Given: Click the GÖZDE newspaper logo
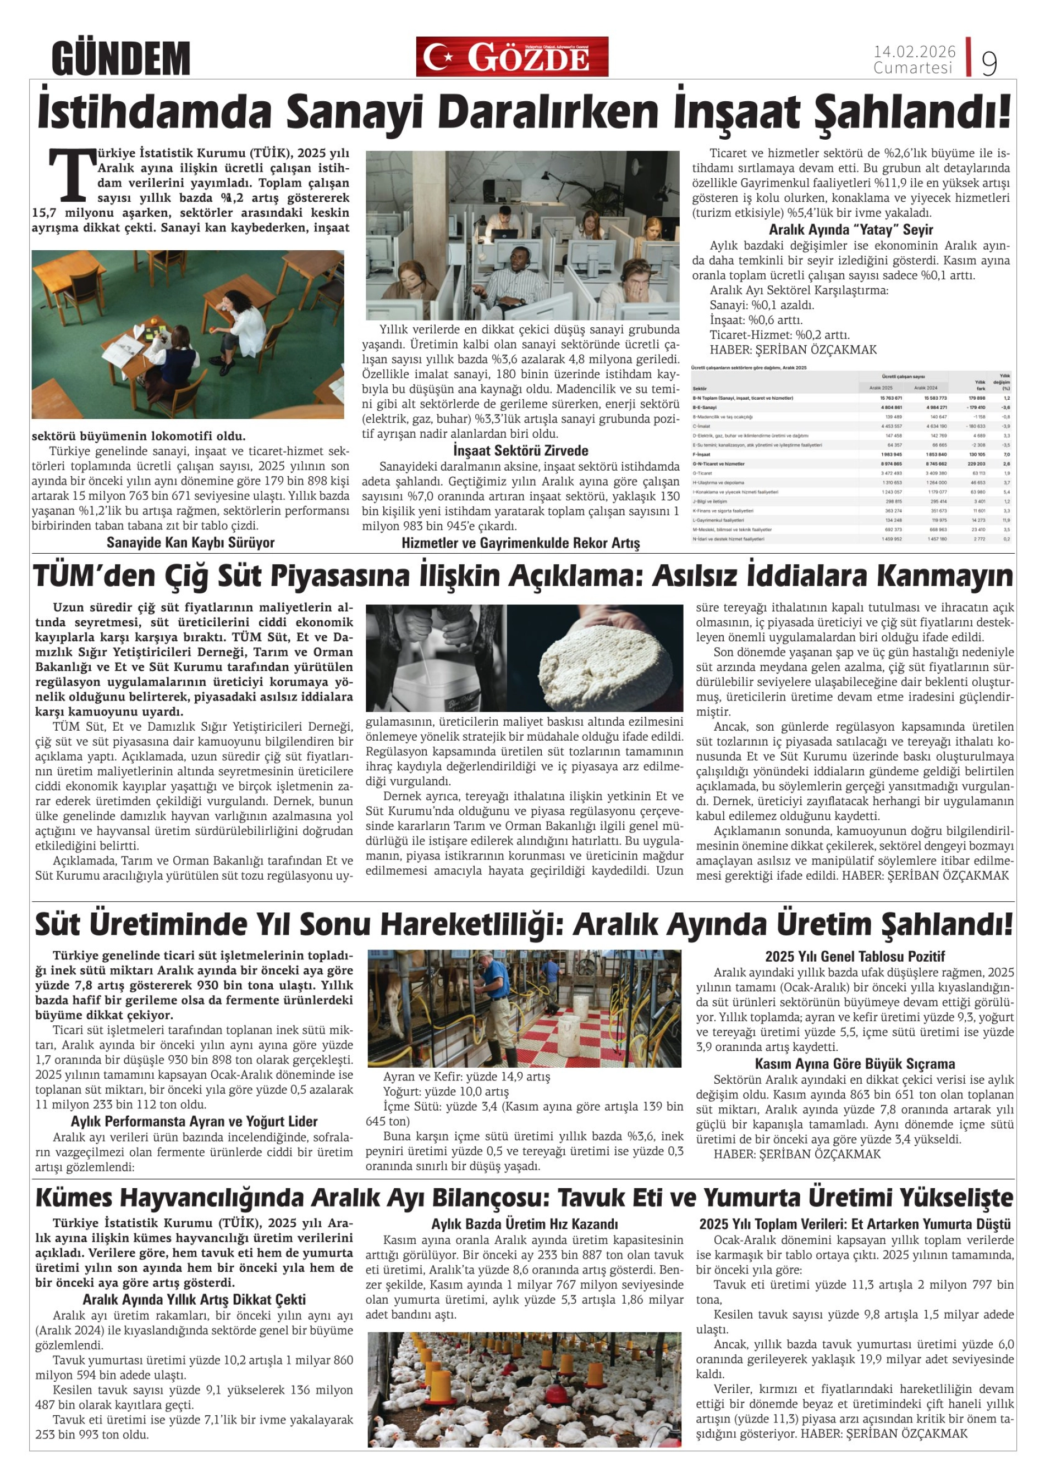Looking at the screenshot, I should click(x=512, y=57).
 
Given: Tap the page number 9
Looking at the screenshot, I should click(x=989, y=63).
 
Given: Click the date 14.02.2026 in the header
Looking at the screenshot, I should click(x=914, y=52).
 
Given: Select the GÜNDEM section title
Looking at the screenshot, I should click(x=121, y=59).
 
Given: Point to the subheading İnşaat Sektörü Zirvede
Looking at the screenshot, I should click(x=520, y=451).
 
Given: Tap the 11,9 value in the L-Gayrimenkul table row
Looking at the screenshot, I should click(x=1004, y=520).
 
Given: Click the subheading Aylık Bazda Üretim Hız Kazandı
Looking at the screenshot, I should click(x=524, y=1225).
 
